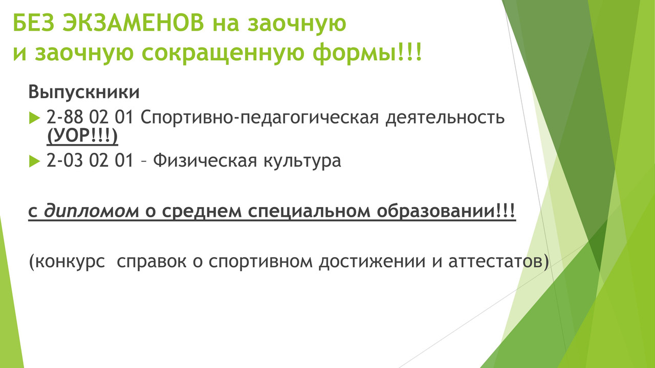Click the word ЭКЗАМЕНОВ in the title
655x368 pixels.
133,23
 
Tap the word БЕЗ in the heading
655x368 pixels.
34,23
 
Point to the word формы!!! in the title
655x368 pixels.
367,53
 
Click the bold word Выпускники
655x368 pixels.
84,92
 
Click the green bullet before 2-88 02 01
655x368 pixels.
34,118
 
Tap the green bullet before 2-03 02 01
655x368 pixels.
34,161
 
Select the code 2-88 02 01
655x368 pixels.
90,118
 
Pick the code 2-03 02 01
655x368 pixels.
90,160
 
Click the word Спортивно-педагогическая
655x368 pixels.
259,118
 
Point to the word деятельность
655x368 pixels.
445,118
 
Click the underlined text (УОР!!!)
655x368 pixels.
82,136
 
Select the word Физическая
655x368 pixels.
205,160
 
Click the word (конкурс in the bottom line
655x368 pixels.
67,262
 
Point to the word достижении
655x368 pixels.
372,262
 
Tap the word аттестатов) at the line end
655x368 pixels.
499,262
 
